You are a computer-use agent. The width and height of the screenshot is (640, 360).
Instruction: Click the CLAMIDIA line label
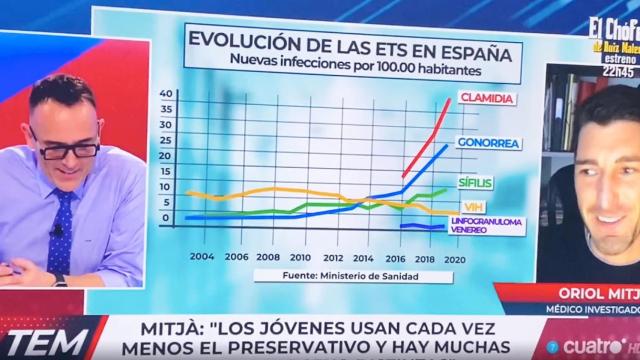point(487,97)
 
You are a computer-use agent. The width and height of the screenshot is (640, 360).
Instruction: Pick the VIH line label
point(466,205)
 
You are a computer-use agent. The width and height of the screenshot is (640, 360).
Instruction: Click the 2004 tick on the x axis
point(201,255)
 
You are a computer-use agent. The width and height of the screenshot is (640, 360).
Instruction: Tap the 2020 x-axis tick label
point(456,256)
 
